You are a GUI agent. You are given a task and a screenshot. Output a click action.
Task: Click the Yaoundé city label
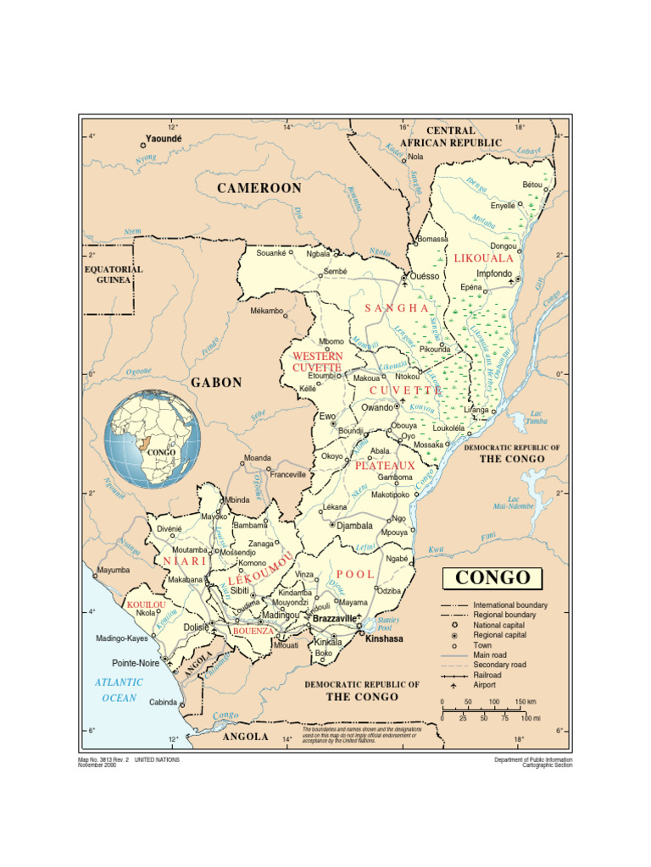click(164, 137)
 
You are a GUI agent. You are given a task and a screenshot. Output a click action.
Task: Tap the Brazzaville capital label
click(334, 619)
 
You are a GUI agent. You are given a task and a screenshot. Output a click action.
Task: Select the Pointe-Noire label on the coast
click(136, 664)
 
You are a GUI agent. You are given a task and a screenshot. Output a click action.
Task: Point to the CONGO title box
click(492, 579)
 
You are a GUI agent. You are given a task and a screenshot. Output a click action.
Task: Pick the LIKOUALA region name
click(483, 257)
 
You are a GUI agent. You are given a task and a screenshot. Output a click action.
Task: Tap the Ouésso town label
click(425, 276)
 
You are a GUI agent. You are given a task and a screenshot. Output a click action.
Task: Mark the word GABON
click(216, 383)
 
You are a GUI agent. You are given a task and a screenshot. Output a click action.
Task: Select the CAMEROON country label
click(259, 188)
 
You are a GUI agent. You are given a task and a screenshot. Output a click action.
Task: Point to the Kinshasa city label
click(384, 638)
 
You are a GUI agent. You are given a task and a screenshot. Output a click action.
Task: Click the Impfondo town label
click(494, 273)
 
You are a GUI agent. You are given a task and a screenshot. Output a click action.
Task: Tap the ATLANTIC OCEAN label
click(119, 690)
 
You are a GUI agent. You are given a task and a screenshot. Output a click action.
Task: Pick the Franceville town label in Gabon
click(288, 475)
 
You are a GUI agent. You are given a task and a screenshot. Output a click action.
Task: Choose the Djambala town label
click(354, 525)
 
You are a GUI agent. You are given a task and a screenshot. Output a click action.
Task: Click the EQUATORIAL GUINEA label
click(113, 274)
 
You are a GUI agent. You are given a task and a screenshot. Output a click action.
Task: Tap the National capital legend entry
click(499, 625)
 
